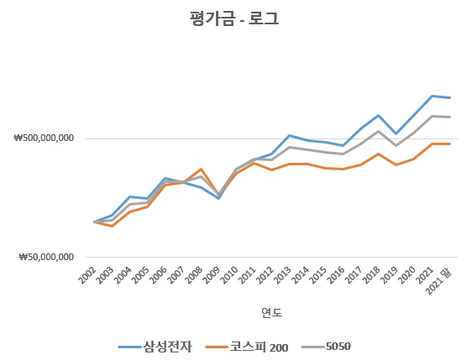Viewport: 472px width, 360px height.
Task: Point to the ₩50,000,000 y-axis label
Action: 47,258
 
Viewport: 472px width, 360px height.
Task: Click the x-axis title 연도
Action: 271,313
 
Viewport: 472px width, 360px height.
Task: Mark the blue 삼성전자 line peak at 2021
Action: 433,96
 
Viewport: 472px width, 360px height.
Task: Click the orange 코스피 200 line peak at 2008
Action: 201,169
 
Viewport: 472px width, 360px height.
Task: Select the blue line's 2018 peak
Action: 379,115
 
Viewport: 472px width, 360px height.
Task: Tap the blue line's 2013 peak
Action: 290,135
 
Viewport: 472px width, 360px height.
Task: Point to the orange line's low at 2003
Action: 112,227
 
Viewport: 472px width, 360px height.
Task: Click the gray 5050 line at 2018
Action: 379,131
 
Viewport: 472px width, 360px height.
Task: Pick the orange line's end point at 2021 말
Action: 450,143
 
